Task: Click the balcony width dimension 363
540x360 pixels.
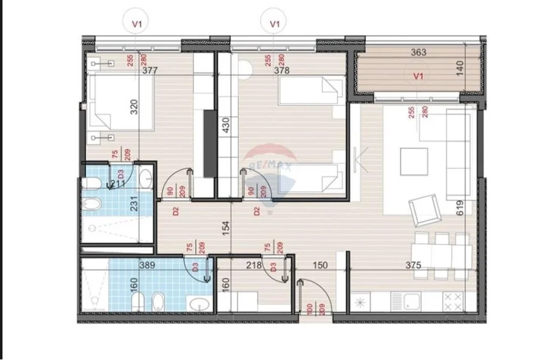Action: (419, 52)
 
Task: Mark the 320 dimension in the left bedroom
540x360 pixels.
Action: (134, 107)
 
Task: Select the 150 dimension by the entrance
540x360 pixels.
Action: (321, 264)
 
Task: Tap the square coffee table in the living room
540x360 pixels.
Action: (414, 162)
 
